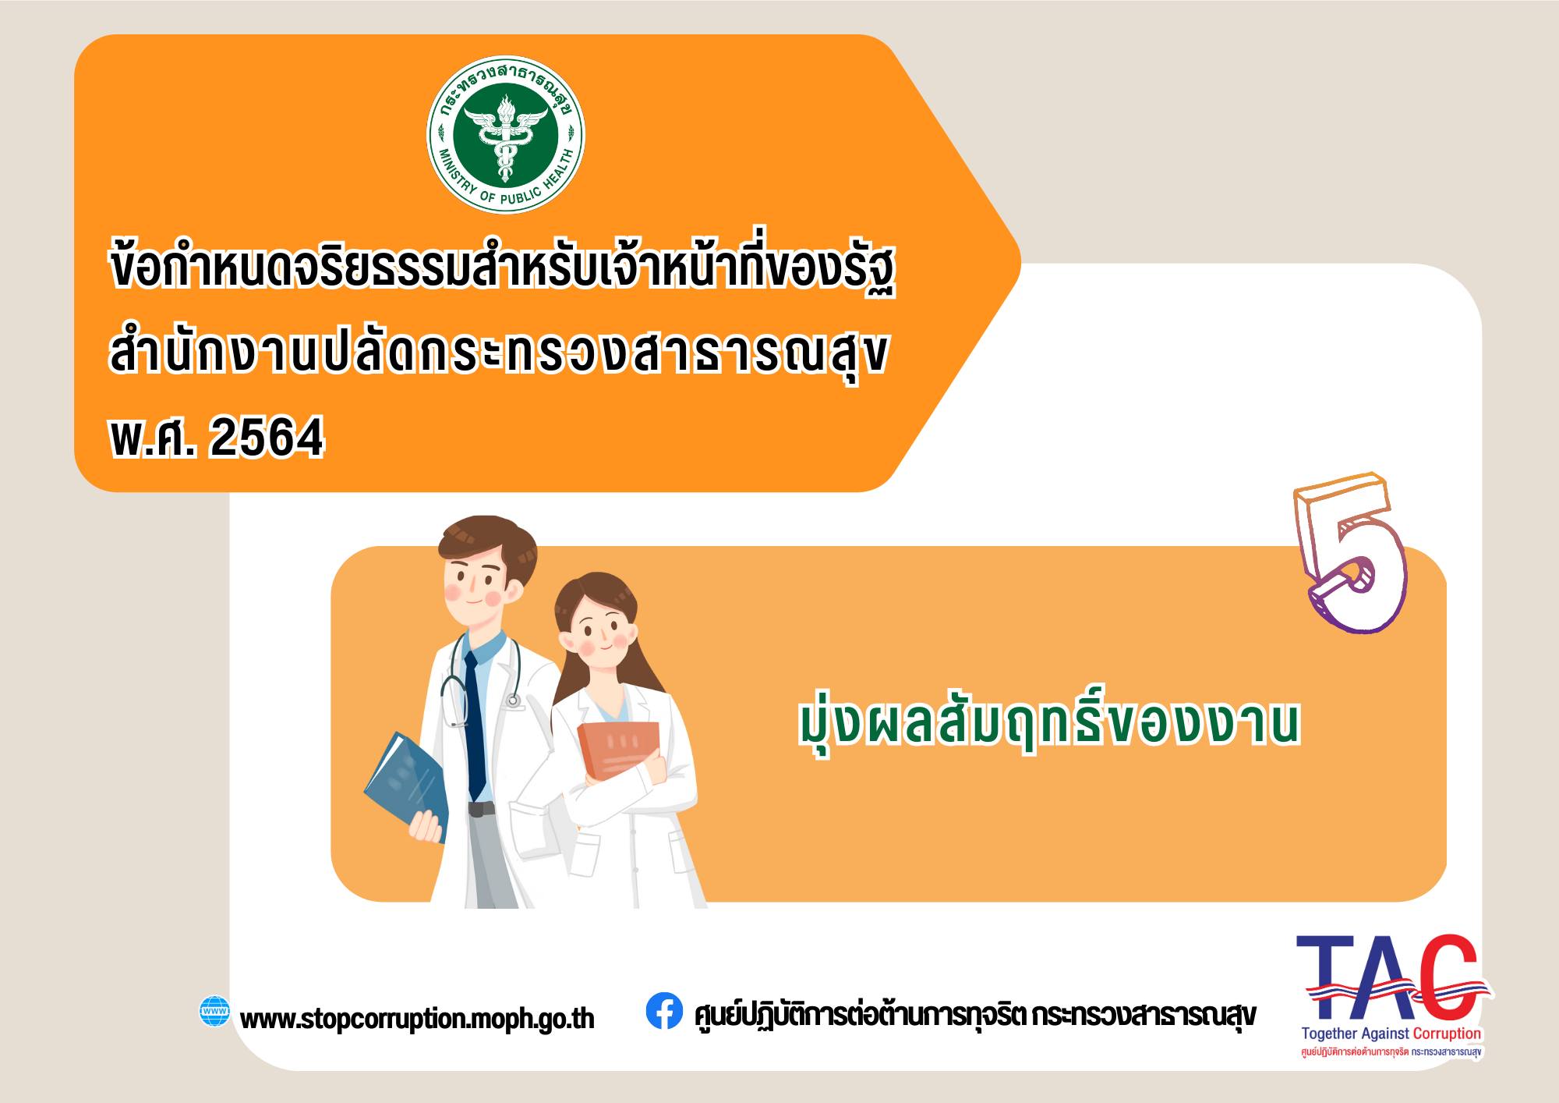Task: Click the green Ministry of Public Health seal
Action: tap(506, 135)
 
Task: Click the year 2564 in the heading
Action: tap(267, 438)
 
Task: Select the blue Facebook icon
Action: tap(664, 1011)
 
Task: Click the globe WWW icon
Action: tap(214, 1012)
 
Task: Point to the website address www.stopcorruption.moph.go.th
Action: tap(417, 1019)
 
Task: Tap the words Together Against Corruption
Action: tap(1391, 1034)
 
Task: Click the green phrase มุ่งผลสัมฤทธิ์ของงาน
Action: tap(1049, 723)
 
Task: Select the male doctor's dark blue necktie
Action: tap(475, 725)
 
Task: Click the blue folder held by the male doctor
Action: tap(406, 784)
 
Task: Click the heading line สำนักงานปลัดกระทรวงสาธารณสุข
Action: tap(499, 356)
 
